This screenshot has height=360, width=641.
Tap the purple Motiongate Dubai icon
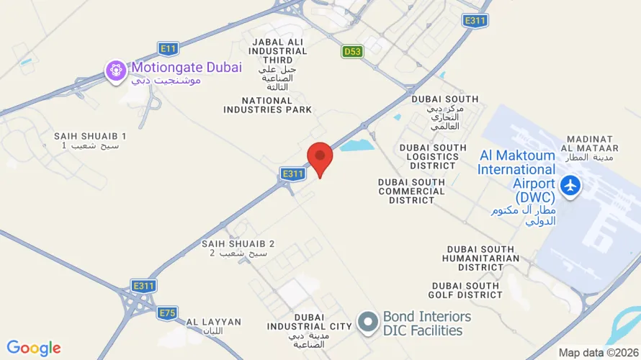click(116, 70)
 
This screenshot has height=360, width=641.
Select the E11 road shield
click(168, 49)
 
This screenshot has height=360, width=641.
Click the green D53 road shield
click(352, 51)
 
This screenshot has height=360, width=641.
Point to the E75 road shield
click(167, 312)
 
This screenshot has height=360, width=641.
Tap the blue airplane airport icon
click(570, 184)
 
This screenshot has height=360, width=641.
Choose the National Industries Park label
click(268, 105)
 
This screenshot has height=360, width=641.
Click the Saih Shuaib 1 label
click(90, 140)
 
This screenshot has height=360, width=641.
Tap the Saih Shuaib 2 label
click(238, 248)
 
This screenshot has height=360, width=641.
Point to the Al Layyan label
click(214, 326)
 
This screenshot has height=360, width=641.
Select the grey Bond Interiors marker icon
click(369, 323)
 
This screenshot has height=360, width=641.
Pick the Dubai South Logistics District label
click(428, 156)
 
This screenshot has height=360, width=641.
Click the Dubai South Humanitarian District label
click(481, 258)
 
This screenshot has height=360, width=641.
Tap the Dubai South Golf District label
click(467, 290)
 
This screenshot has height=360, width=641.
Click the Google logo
click(34, 348)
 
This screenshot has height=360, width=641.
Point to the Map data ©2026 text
click(598, 353)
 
